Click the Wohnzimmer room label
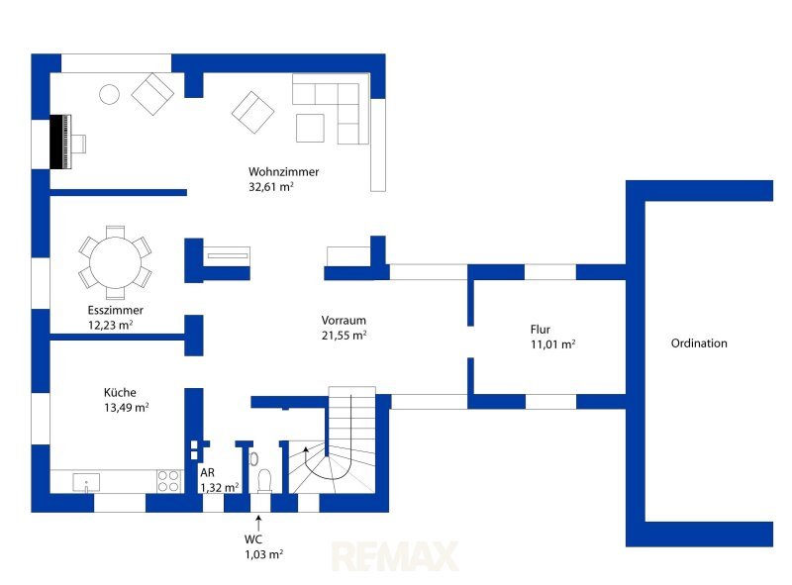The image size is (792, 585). [x=283, y=172]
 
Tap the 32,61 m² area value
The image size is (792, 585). [x=270, y=186]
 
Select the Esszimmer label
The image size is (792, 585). [x=115, y=310]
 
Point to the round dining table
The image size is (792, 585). [x=115, y=262]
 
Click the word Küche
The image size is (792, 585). [x=120, y=393]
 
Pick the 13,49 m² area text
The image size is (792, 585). [x=127, y=407]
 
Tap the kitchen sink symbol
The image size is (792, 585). [x=86, y=482]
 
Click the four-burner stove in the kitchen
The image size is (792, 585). [x=168, y=481]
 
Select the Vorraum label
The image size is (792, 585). [x=344, y=321]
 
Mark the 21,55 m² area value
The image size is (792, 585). [x=344, y=335]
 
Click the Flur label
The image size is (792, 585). [x=540, y=330]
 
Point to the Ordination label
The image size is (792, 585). [x=699, y=343]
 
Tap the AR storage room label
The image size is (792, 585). [x=207, y=472]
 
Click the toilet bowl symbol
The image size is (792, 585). [x=264, y=481]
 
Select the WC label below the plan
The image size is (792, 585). [x=253, y=539]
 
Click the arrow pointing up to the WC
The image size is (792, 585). [x=258, y=523]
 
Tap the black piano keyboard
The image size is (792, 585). [x=60, y=142]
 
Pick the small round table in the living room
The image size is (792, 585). [x=109, y=94]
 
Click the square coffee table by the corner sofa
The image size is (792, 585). [x=310, y=128]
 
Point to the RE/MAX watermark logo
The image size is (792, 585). [x=395, y=556]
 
